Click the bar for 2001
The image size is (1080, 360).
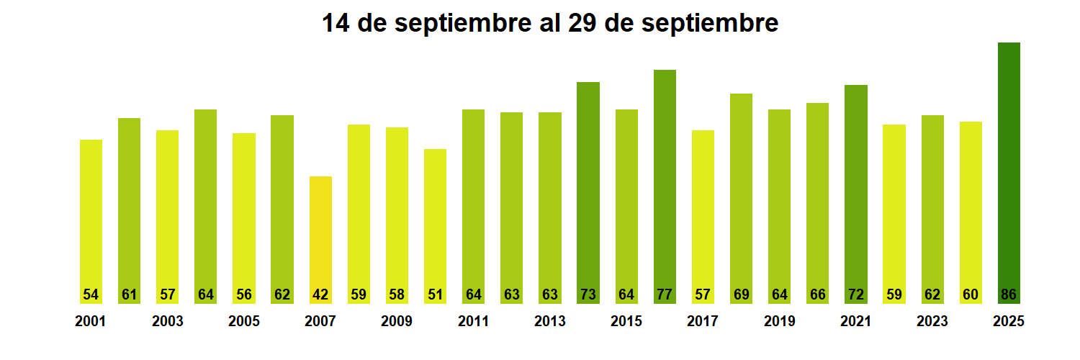coord(91,216)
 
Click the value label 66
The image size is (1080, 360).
coord(817,294)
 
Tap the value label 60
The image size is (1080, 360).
coord(971,294)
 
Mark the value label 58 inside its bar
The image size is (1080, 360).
coord(397,294)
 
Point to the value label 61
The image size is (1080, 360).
coord(129,294)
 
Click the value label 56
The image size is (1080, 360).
coord(243,294)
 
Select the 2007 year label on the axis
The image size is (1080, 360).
coord(320,321)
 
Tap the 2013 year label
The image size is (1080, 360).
coord(550,321)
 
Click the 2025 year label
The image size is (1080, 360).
coord(1009,321)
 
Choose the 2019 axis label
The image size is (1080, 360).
coord(779,321)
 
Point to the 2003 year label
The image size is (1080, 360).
coord(167,321)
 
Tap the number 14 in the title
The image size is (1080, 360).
coord(336,23)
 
